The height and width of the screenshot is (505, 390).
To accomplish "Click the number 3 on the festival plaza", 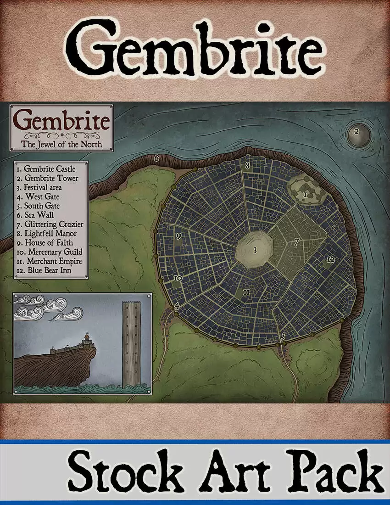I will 255,251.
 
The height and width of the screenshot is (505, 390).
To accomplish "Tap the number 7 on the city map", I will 297,242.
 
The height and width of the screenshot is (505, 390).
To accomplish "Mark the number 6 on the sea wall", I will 156,159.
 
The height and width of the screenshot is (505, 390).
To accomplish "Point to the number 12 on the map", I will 330,260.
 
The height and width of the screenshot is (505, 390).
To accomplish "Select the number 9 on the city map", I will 178,236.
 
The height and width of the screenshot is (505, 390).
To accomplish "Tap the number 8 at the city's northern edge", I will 247,166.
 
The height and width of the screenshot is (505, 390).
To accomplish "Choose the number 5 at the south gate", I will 283,337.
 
